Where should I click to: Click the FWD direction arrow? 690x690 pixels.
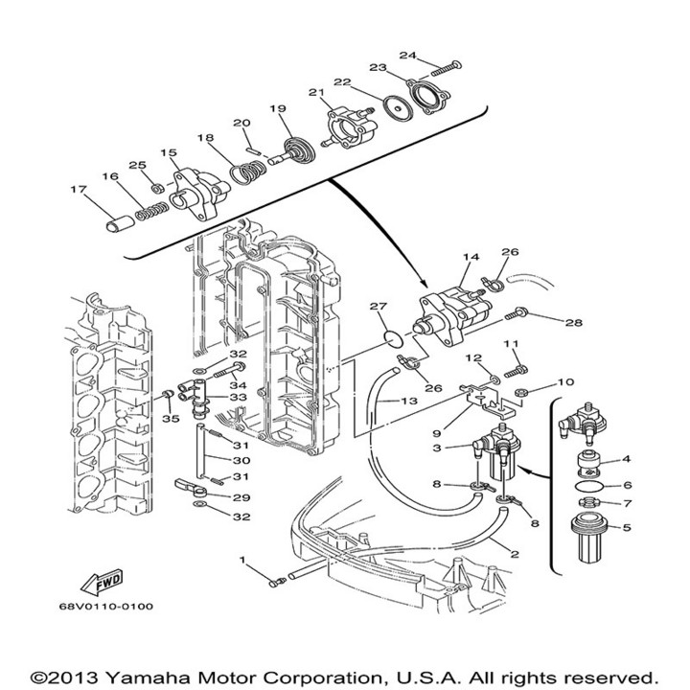pos(102,583)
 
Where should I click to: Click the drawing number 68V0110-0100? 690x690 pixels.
pos(106,607)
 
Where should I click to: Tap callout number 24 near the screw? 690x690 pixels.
pos(407,55)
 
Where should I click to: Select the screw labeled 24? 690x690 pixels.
pos(447,68)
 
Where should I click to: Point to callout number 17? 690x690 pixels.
pos(79,189)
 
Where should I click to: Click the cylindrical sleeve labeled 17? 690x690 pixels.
pos(120,223)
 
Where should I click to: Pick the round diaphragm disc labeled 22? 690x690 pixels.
pos(398,107)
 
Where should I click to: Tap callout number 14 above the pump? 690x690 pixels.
pos(471,257)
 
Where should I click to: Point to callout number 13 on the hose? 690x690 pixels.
pos(409,401)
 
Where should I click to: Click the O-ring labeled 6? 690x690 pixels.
pos(590,487)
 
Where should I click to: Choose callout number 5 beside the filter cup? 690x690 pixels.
pos(627,527)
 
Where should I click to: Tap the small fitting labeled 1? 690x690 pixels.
pos(277,583)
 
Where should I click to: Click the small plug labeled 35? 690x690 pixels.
pos(167,393)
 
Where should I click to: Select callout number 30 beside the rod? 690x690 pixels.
pos(241,460)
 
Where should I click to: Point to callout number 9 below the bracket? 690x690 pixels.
pos(436,433)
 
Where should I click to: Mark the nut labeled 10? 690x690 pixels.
pos(520,391)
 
